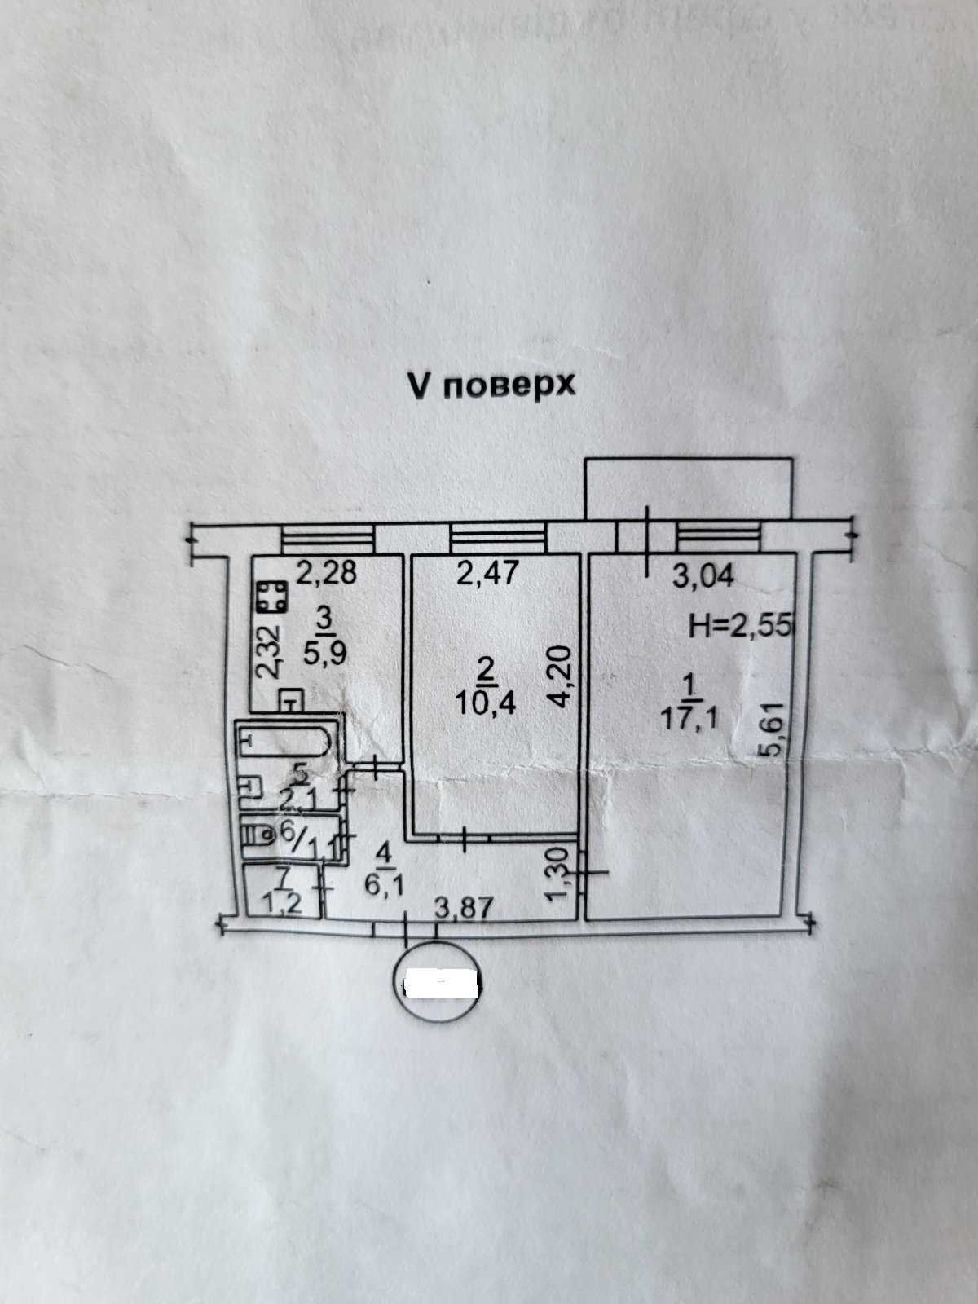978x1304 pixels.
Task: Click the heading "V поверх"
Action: point(491,385)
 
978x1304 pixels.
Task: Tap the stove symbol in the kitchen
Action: point(270,597)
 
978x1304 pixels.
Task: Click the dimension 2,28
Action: point(325,575)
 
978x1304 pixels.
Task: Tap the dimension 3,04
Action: point(703,577)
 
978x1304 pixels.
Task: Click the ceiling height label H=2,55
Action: point(730,625)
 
